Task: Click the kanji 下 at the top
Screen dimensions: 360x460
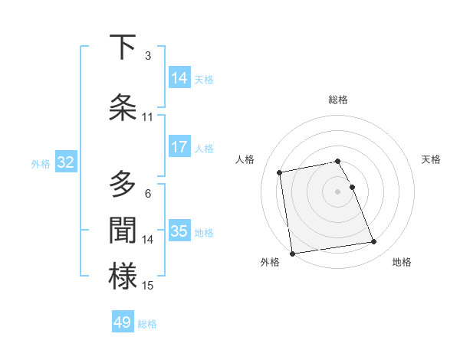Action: pos(123,47)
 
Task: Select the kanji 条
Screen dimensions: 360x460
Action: pos(123,107)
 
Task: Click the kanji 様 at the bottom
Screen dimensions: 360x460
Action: pos(123,277)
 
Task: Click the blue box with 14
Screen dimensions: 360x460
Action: pos(179,77)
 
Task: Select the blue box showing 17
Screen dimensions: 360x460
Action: pos(179,146)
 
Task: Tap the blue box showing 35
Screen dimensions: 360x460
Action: pos(179,231)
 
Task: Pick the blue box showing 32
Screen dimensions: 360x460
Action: pos(65,162)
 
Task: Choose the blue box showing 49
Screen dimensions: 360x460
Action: pos(123,322)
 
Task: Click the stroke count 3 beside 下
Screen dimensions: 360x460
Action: pos(148,56)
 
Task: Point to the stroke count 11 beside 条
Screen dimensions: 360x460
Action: pos(148,117)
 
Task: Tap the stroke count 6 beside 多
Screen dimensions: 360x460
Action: pos(148,194)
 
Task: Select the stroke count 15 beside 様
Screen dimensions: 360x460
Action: pos(148,286)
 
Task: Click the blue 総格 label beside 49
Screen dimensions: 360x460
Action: pos(147,323)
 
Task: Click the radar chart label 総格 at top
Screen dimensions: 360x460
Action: pos(338,100)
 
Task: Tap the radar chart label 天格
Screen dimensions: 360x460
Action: pos(431,159)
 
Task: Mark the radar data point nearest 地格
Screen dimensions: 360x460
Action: pos(373,242)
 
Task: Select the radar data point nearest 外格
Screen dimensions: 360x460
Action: pos(292,253)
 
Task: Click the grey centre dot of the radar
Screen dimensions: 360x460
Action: pos(338,191)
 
